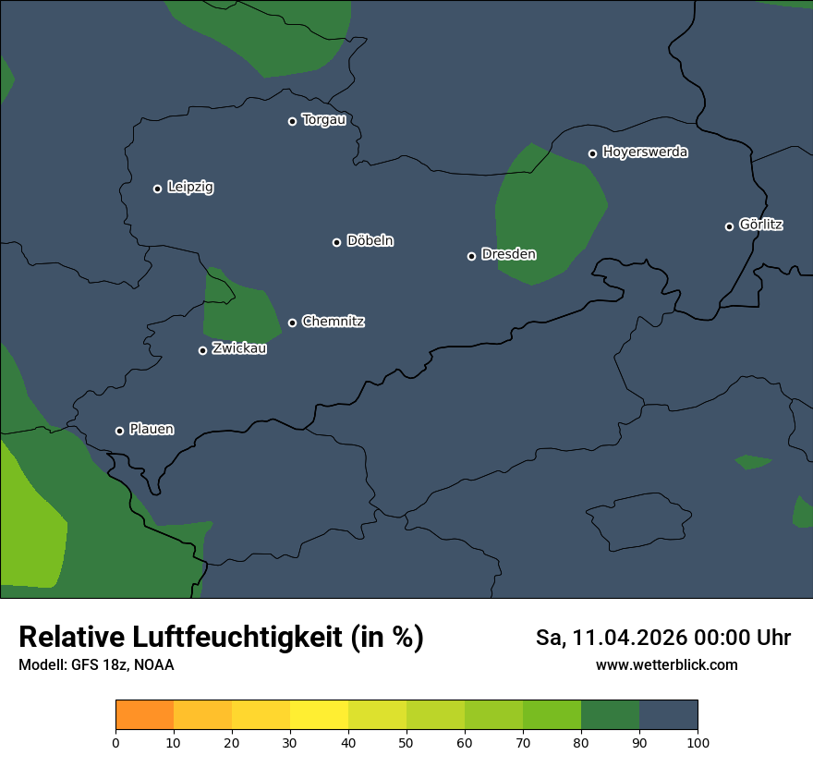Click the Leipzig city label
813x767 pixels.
pyautogui.click(x=190, y=188)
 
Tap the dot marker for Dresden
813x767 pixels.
pyautogui.click(x=471, y=256)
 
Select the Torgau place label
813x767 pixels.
pyautogui.click(x=323, y=120)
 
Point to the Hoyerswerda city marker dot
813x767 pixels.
pyautogui.click(x=593, y=153)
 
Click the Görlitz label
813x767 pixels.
pyautogui.click(x=761, y=225)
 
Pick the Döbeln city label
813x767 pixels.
pyautogui.click(x=370, y=241)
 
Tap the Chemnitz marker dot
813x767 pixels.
pyautogui.click(x=293, y=323)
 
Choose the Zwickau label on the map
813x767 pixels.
pyautogui.click(x=239, y=348)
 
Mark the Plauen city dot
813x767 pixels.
pyautogui.click(x=119, y=431)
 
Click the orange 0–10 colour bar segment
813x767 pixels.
pyautogui.click(x=144, y=715)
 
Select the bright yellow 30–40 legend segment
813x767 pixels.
pyautogui.click(x=319, y=715)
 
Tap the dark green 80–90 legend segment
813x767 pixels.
pyautogui.click(x=610, y=715)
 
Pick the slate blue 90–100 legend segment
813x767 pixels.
pyautogui.click(x=668, y=715)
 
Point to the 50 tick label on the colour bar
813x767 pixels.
pyautogui.click(x=406, y=742)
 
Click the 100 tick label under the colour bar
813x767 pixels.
pyautogui.click(x=698, y=742)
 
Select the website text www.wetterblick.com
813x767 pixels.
pyautogui.click(x=667, y=664)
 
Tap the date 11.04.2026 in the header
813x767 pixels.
pyautogui.click(x=629, y=638)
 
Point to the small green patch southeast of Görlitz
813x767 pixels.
pyautogui.click(x=753, y=461)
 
